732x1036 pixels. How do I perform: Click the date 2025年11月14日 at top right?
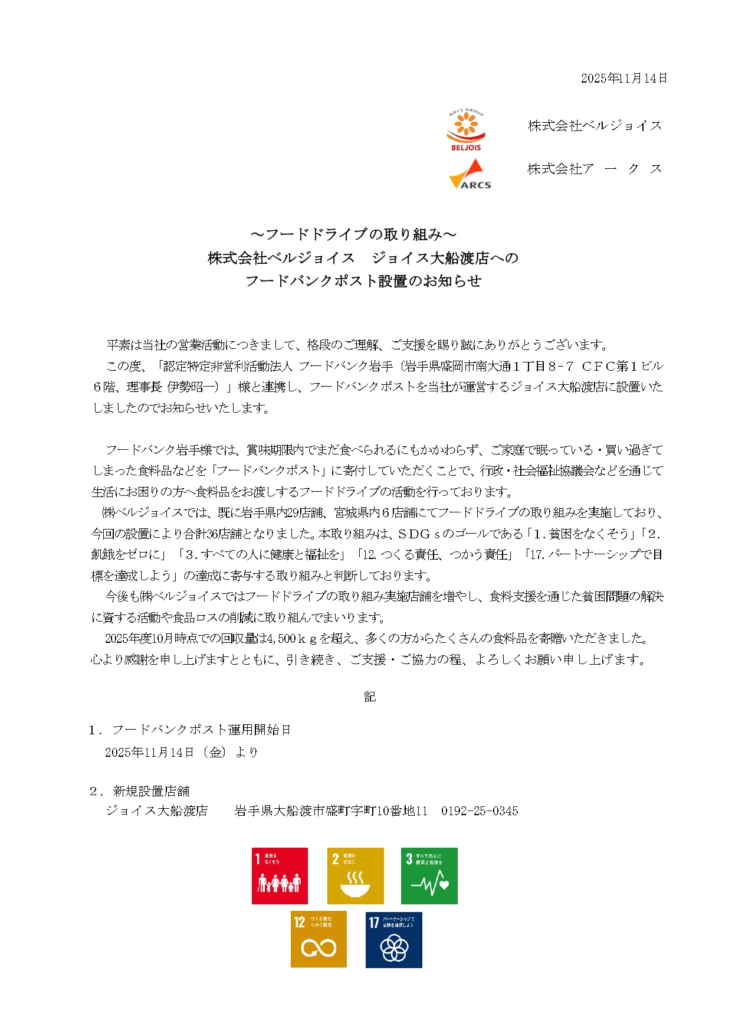[x=623, y=79]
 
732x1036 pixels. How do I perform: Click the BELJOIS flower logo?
[x=466, y=130]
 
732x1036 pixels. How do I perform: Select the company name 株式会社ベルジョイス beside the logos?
[x=595, y=126]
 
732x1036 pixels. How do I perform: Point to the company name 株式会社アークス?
[x=595, y=169]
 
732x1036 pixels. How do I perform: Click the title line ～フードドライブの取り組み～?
[x=362, y=234]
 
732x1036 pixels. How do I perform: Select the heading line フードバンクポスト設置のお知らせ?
[x=363, y=281]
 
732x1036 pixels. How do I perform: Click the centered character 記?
[x=370, y=697]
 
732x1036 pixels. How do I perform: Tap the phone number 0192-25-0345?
[x=480, y=811]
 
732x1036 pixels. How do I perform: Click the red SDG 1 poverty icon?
[x=280, y=876]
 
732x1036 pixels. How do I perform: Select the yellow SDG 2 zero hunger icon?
[x=355, y=876]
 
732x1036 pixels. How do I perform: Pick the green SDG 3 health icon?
[x=429, y=876]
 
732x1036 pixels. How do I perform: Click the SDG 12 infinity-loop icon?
[x=319, y=940]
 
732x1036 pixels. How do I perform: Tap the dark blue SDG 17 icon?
[x=393, y=940]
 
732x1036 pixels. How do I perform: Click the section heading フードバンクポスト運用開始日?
[x=202, y=730]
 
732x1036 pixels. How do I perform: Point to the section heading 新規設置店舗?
[x=151, y=791]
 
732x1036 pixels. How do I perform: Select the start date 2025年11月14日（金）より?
[x=181, y=753]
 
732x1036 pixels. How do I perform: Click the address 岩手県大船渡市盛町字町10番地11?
[x=331, y=811]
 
